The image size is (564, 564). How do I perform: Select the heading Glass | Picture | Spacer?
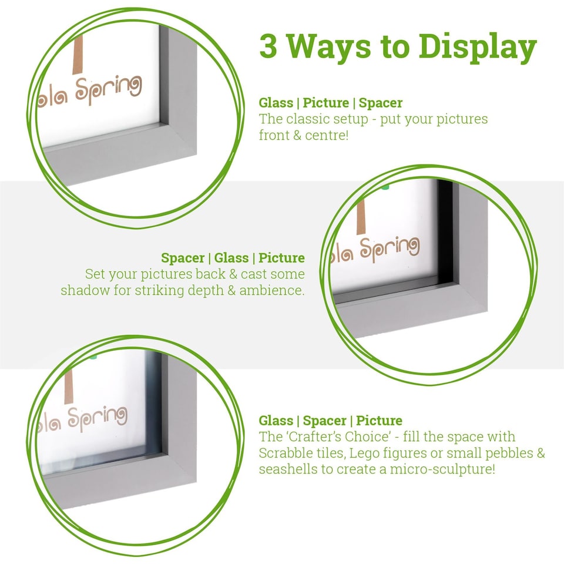tap(330, 103)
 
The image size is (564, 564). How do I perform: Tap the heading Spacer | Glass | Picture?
tap(233, 258)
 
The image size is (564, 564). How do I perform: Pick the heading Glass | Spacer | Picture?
tap(330, 421)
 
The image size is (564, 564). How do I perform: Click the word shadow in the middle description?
tap(80, 290)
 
